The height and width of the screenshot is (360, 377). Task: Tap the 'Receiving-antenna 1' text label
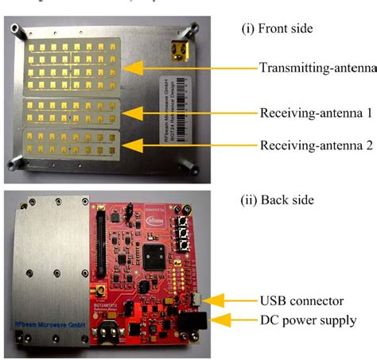(x=316, y=113)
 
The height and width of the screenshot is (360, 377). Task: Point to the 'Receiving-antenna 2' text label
(x=316, y=145)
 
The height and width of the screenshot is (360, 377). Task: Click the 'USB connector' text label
(x=301, y=300)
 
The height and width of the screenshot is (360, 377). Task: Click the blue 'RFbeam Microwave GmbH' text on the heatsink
(x=48, y=325)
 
